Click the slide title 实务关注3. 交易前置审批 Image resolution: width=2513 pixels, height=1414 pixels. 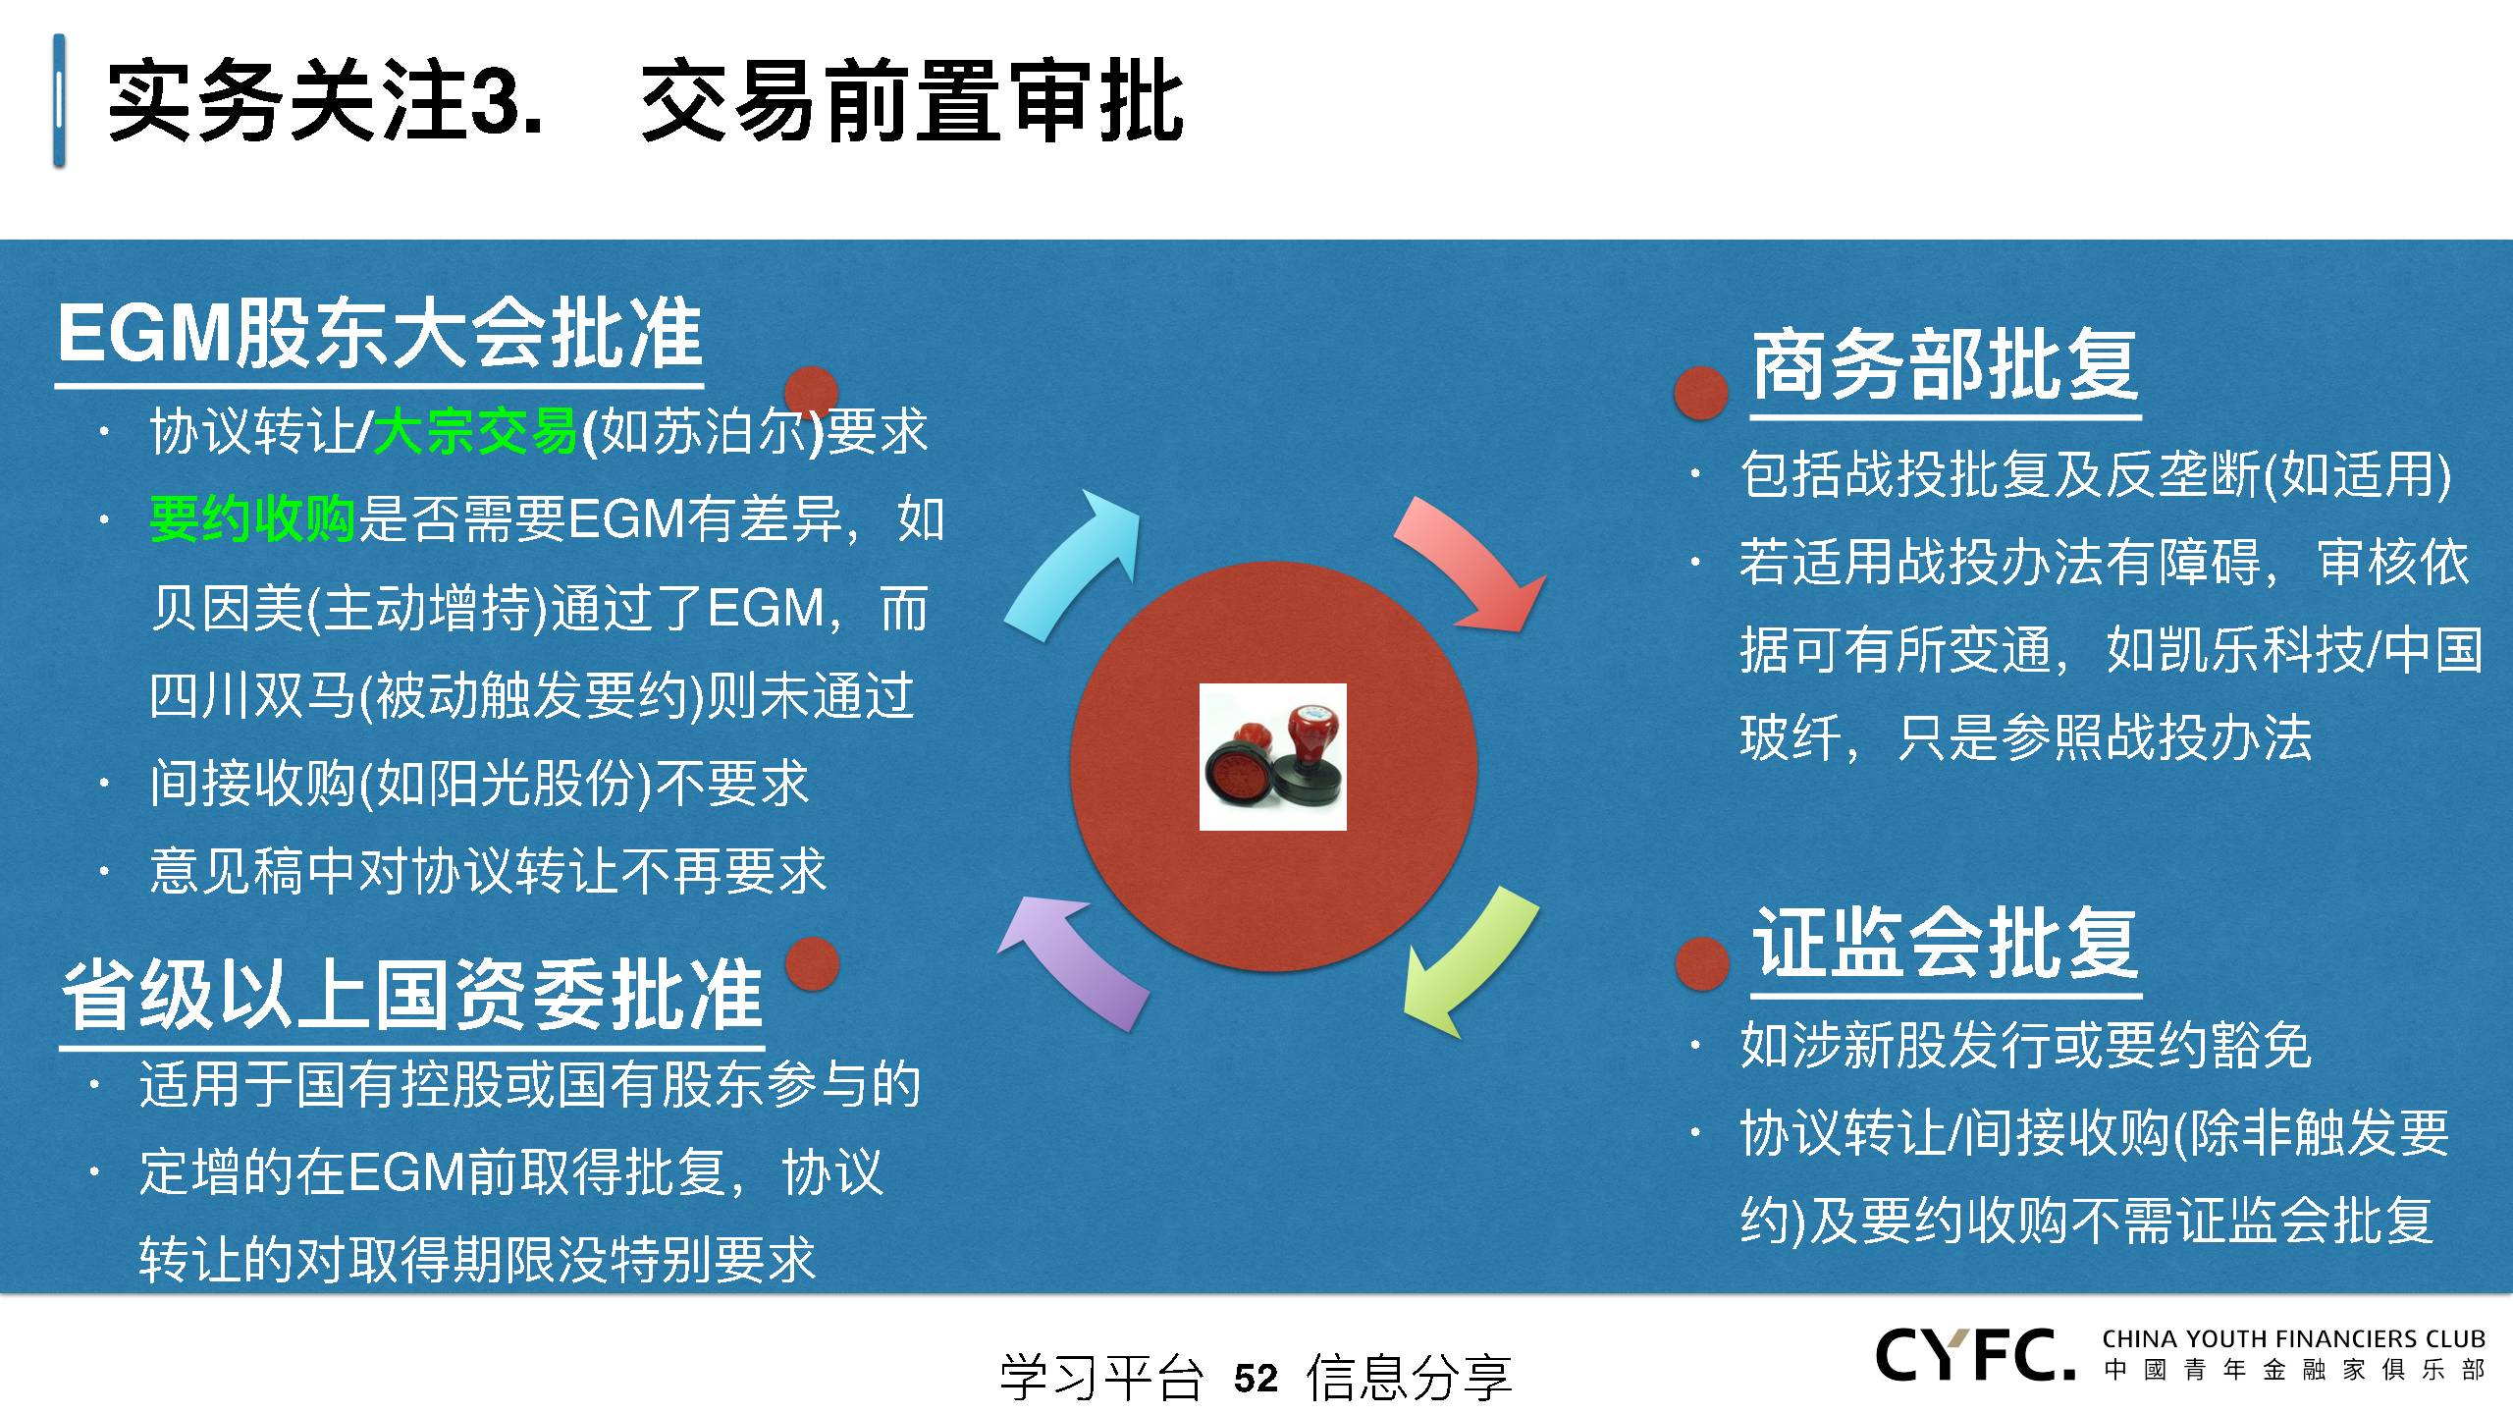tap(645, 101)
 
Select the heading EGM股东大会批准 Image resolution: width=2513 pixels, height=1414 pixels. tap(380, 334)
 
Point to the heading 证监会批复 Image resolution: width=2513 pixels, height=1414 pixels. tap(1946, 942)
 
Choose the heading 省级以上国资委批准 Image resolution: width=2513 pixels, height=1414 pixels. tap(412, 994)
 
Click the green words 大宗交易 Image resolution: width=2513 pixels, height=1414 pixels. tap(475, 431)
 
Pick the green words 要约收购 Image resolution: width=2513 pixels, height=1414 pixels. tap(252, 518)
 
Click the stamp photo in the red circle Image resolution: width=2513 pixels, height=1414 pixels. tap(1272, 757)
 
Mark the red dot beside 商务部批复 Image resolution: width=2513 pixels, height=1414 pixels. tap(1701, 393)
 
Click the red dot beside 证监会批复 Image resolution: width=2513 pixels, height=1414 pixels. tap(1701, 962)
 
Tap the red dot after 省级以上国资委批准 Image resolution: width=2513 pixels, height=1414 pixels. tap(812, 963)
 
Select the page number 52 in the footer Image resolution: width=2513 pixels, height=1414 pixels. tap(1256, 1378)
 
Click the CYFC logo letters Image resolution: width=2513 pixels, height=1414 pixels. tap(1975, 1355)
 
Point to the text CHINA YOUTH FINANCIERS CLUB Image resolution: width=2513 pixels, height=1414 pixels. tap(2294, 1338)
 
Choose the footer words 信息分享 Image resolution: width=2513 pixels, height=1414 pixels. tap(1409, 1378)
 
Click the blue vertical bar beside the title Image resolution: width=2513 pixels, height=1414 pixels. tap(60, 100)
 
